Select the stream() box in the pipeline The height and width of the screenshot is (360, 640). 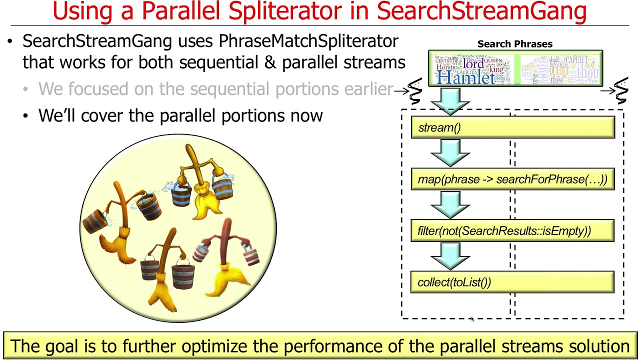tap(512, 127)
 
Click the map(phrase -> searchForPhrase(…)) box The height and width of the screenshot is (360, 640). tap(512, 179)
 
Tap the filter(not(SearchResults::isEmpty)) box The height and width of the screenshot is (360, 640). tap(512, 231)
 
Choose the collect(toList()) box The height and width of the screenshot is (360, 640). tap(512, 282)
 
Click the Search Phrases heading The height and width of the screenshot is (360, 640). tap(514, 44)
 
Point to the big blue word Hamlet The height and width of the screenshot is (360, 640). tap(465, 77)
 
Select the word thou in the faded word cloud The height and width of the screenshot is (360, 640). tap(588, 73)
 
